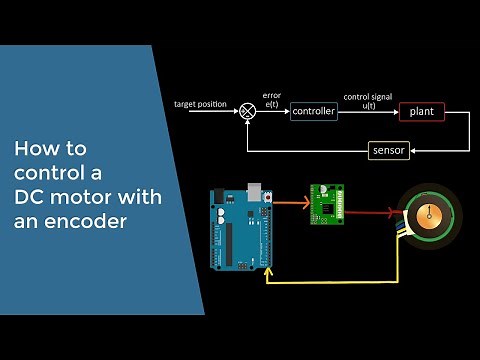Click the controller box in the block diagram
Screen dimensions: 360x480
tap(313, 112)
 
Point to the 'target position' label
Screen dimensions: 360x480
tap(201, 104)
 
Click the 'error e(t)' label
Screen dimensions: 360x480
tap(272, 100)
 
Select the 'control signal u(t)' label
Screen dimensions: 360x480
tap(367, 100)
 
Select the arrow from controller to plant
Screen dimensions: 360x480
tap(367, 112)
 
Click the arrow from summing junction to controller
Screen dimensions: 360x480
tap(273, 112)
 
